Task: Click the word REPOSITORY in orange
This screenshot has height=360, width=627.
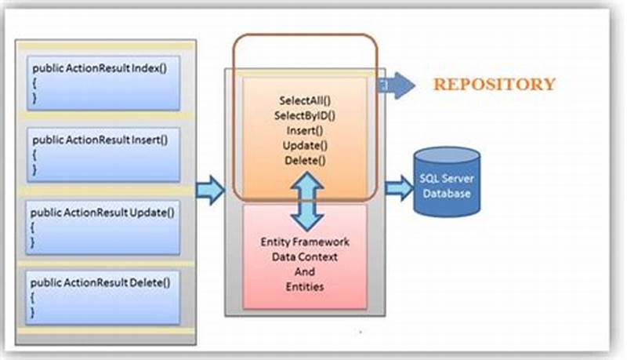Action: (495, 85)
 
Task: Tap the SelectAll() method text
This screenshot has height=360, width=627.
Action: (304, 100)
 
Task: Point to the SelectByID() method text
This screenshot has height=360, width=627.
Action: (304, 115)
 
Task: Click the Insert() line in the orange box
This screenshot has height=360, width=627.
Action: (304, 130)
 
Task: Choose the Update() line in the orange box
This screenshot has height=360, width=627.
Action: (304, 145)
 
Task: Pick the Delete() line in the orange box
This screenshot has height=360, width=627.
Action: (304, 160)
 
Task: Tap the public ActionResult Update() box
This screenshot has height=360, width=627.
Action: (103, 224)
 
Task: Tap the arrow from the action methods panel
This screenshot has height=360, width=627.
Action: (208, 191)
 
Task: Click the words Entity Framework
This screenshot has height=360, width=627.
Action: (305, 242)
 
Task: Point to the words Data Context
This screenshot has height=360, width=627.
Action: (305, 256)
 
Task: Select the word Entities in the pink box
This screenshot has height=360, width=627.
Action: (305, 286)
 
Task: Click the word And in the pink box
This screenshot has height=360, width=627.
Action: (305, 271)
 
